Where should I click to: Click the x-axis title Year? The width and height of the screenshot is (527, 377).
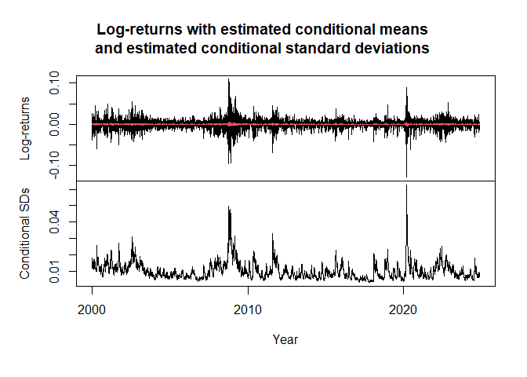tap(285, 339)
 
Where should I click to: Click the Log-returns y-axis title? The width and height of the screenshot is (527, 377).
tap(26, 128)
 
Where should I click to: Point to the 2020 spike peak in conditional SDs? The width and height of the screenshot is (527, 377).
tap(407, 185)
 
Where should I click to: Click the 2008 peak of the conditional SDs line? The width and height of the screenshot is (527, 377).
tap(228, 207)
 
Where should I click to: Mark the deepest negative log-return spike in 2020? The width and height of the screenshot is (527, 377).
tap(407, 177)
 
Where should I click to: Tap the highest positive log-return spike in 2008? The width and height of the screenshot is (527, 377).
tap(228, 79)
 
